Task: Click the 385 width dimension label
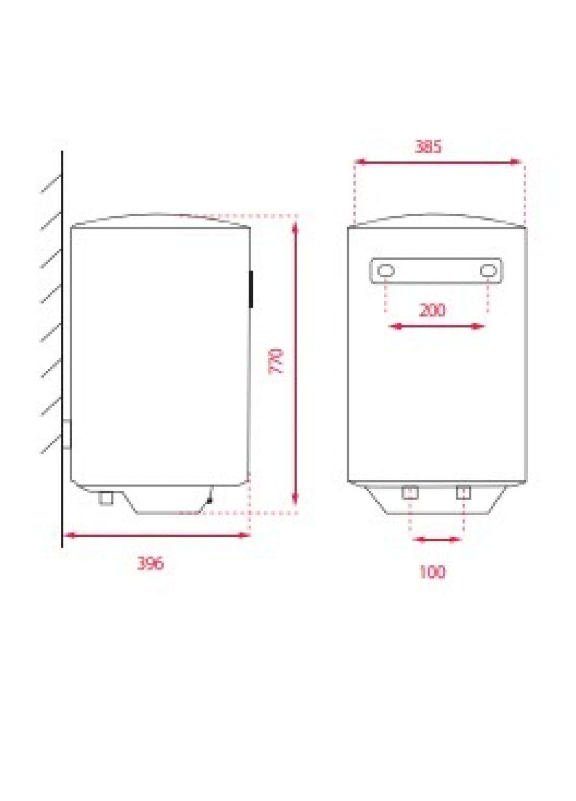point(427,146)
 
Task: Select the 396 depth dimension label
point(150,563)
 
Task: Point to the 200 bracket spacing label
point(432,310)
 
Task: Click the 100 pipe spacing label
point(432,572)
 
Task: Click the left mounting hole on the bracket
point(385,271)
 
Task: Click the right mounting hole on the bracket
point(488,271)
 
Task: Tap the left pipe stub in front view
point(410,493)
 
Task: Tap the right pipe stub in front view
point(463,493)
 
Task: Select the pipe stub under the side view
point(106,498)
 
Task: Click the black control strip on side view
point(251,289)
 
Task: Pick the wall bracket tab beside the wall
point(67,434)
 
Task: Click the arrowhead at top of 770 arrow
point(296,224)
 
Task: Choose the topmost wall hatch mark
point(51,184)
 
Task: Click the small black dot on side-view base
point(209,501)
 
